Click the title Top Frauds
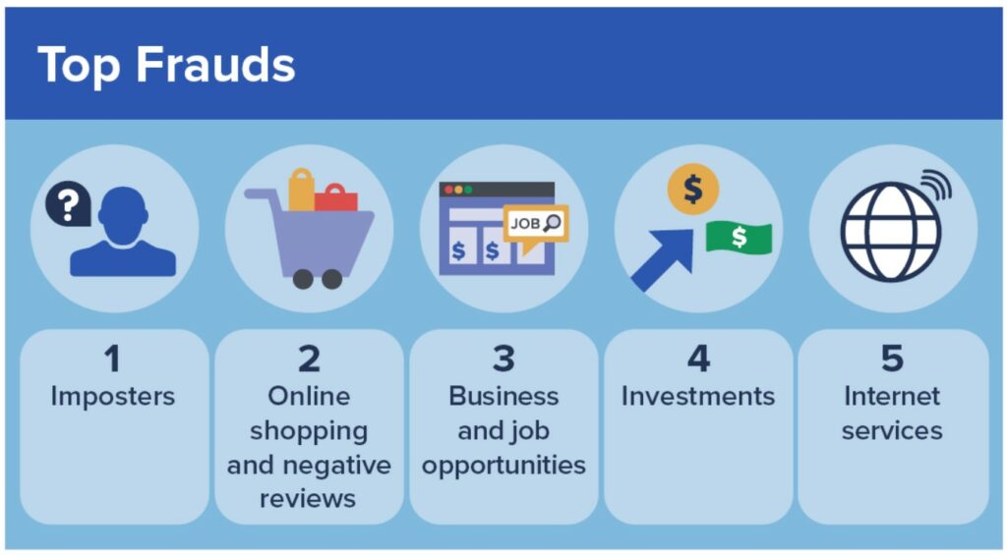166,66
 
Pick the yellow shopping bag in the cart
301,190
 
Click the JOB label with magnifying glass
535,224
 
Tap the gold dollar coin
692,189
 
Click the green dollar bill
739,237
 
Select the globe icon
890,232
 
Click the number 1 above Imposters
112,359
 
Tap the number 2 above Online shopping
309,359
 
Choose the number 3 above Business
503,359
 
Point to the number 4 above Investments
698,359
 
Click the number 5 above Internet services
892,359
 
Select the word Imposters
112,396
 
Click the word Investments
698,396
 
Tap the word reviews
308,497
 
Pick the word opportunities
503,464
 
